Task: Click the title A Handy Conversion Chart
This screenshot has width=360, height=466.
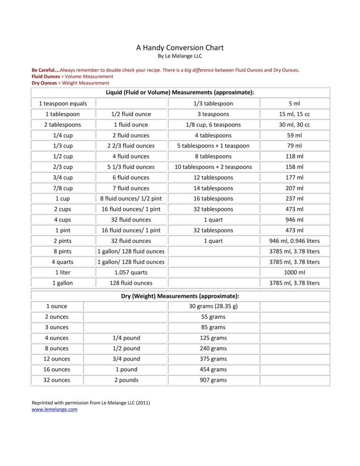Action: pyautogui.click(x=180, y=47)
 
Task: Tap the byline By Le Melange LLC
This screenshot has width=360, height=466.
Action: pyautogui.click(x=180, y=56)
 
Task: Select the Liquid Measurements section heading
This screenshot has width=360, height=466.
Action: pyautogui.click(x=180, y=92)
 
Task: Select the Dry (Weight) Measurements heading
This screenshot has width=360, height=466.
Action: pyautogui.click(x=180, y=296)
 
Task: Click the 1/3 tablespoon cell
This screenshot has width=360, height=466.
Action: pyautogui.click(x=213, y=103)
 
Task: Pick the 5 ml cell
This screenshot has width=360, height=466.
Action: pyautogui.click(x=295, y=103)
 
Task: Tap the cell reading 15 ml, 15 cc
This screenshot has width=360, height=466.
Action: pyautogui.click(x=295, y=114)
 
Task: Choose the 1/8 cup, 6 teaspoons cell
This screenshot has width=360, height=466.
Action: pyautogui.click(x=213, y=125)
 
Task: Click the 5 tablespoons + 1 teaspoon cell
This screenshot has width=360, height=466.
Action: pyautogui.click(x=213, y=146)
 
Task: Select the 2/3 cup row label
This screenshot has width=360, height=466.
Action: pyautogui.click(x=63, y=167)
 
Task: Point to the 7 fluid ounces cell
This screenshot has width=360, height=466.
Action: pyautogui.click(x=131, y=188)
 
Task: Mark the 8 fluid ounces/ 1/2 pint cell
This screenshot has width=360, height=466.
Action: pyautogui.click(x=131, y=198)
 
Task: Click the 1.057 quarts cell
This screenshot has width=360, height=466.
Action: pyautogui.click(x=131, y=272)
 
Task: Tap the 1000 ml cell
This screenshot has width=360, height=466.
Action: pyautogui.click(x=295, y=272)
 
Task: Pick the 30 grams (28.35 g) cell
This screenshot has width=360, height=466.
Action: pyautogui.click(x=213, y=306)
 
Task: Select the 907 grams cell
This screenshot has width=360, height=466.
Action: pyautogui.click(x=213, y=380)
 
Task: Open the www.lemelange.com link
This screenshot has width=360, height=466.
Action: pyautogui.click(x=54, y=409)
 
